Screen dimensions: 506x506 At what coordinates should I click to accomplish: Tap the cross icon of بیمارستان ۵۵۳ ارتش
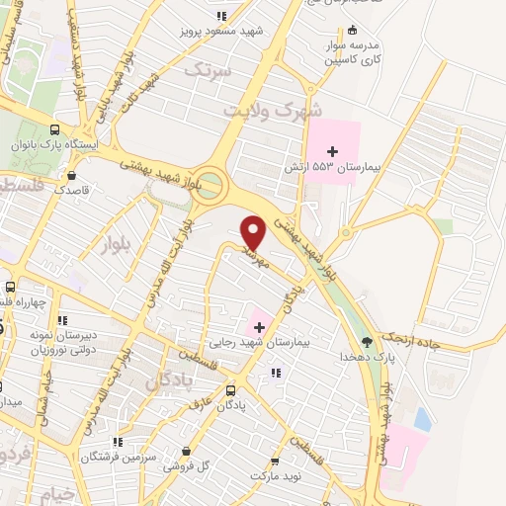(332, 151)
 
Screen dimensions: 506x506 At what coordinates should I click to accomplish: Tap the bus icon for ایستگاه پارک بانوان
(53, 130)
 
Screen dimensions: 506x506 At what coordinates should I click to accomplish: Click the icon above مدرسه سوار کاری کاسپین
(353, 30)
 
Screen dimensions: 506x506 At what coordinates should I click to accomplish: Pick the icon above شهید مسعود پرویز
(220, 16)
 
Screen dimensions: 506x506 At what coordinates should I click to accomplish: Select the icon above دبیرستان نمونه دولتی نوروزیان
(63, 320)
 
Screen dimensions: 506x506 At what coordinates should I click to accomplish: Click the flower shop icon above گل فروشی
(183, 447)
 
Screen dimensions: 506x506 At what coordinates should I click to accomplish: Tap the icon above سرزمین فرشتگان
(117, 442)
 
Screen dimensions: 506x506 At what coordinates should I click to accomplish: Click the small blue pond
(423, 419)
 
